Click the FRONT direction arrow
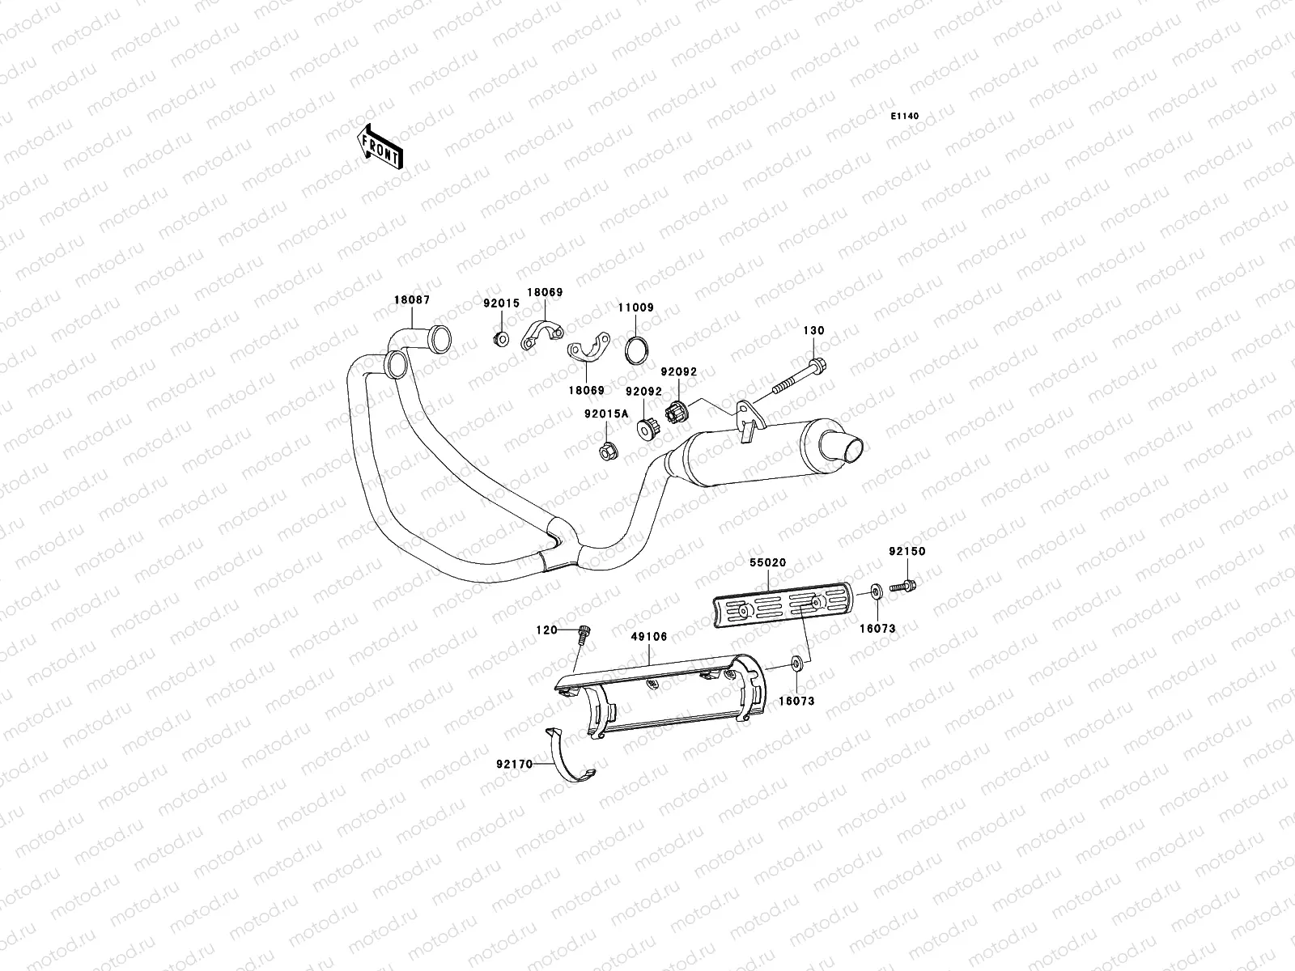click(x=380, y=146)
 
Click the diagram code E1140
click(x=905, y=117)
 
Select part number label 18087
click(x=412, y=299)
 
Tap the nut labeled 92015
click(x=500, y=338)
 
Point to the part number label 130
click(x=813, y=331)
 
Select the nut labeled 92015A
click(x=607, y=450)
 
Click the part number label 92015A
click(x=606, y=413)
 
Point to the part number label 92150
click(x=906, y=551)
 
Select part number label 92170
click(x=515, y=763)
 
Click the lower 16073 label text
click(x=796, y=702)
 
